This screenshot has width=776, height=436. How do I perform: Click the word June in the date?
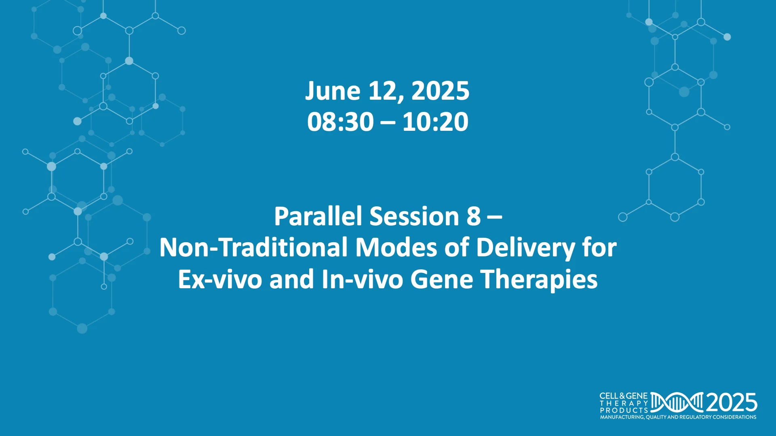point(333,91)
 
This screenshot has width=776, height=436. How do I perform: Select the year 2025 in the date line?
point(441,91)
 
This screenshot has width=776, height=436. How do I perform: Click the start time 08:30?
point(340,122)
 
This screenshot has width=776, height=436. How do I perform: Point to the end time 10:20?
point(435,122)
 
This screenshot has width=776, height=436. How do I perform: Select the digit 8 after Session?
point(474,216)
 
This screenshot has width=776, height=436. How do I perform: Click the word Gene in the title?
point(442,279)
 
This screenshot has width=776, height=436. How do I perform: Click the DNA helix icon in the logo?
point(677,402)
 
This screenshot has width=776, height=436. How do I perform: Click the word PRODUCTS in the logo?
point(624,410)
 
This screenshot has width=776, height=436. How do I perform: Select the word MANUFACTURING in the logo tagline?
point(622,417)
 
